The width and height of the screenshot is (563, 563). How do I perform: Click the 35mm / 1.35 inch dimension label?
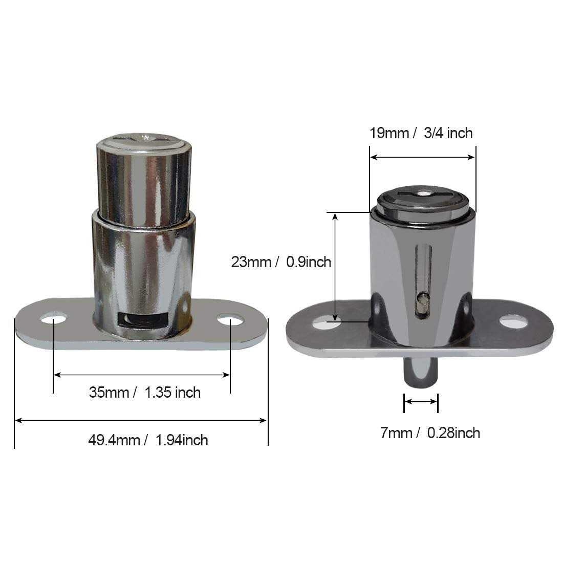tap(145, 393)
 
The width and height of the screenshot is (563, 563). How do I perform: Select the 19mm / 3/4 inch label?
tap(421, 133)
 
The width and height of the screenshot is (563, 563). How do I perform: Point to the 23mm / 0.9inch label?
tap(281, 262)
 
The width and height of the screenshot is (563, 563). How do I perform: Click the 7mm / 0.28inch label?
tap(430, 433)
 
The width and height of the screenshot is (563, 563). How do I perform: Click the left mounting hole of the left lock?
tap(53, 319)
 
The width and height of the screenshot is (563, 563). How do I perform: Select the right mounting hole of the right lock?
tap(513, 322)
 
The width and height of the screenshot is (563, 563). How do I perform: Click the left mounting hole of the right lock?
tap(327, 323)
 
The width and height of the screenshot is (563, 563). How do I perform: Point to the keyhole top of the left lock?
tap(144, 138)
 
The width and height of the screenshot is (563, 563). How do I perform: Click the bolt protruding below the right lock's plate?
tap(421, 374)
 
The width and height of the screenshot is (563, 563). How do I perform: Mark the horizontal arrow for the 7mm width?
tap(421, 402)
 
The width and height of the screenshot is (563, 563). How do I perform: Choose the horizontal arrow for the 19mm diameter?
tap(422, 157)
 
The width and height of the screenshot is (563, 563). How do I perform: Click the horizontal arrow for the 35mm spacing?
tap(142, 375)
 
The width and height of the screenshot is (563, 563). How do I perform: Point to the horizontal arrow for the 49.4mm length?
tap(141, 420)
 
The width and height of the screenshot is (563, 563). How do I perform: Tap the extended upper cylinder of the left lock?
tap(144, 179)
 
